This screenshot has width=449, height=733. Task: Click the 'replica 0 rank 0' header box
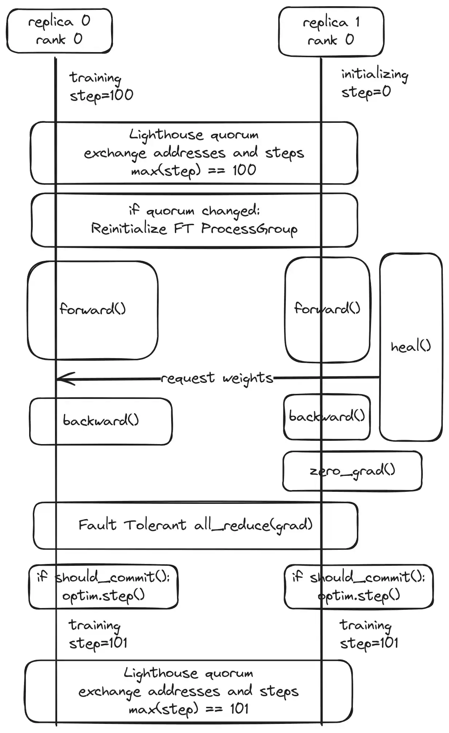[x=59, y=31]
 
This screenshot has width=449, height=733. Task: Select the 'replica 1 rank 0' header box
[x=331, y=31]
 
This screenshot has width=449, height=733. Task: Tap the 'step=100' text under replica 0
[x=101, y=95]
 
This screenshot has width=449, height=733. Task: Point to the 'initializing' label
[x=374, y=75]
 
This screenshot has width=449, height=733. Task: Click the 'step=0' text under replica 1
[x=366, y=92]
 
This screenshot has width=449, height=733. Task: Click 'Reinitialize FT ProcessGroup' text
[x=194, y=229]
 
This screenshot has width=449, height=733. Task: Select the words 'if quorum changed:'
[x=194, y=211]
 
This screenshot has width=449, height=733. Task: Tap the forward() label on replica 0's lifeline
[x=92, y=309]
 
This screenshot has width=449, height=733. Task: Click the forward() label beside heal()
[x=327, y=309]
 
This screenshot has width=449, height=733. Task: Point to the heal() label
[x=410, y=346]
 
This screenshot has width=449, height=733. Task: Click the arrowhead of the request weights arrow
[x=60, y=379]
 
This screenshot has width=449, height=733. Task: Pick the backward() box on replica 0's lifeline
[x=101, y=421]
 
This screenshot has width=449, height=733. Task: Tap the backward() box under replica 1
[x=327, y=416]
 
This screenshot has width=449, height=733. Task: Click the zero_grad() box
[x=352, y=471]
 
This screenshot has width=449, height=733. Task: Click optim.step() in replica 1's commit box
[x=359, y=596]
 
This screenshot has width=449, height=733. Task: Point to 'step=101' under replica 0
[x=98, y=643]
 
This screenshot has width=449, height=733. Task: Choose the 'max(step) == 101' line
[x=188, y=709]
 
